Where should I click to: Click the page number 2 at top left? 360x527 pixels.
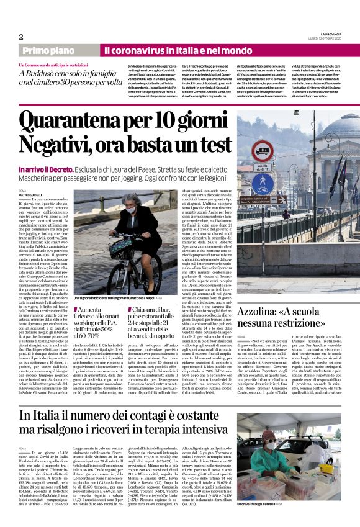(20, 37)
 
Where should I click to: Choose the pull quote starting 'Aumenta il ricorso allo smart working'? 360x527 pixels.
(98, 322)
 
